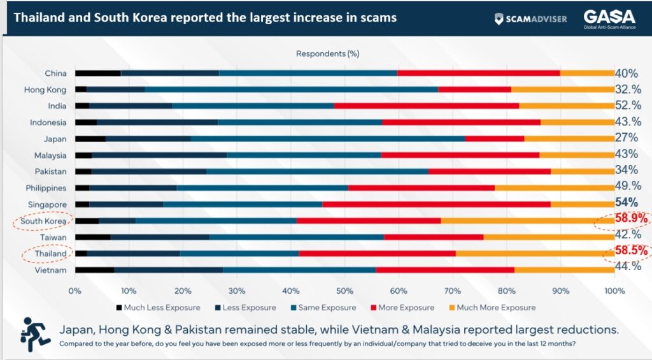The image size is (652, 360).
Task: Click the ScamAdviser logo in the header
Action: (x=530, y=18)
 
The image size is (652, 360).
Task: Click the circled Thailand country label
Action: (x=50, y=254)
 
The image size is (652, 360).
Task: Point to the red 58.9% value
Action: (x=631, y=219)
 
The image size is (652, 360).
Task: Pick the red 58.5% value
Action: (x=631, y=251)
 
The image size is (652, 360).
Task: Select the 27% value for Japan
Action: (x=627, y=138)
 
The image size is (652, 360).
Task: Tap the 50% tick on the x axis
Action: (x=344, y=291)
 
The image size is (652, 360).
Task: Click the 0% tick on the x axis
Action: (x=75, y=291)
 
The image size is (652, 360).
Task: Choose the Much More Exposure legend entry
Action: (x=491, y=308)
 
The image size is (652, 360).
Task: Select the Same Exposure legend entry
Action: (x=324, y=308)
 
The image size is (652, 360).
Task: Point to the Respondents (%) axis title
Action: (x=328, y=54)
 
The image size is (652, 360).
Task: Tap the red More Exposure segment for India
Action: (x=427, y=105)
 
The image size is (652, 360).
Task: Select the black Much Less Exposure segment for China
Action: (x=97, y=73)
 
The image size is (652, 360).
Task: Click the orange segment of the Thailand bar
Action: (x=535, y=253)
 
